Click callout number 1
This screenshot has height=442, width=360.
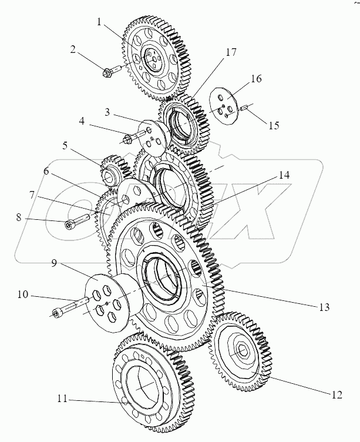(x=100, y=23)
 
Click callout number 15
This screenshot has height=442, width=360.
(x=274, y=125)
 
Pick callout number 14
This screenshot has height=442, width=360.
(x=284, y=175)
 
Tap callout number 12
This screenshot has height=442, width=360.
(x=336, y=396)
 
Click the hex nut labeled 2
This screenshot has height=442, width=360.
(x=107, y=73)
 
